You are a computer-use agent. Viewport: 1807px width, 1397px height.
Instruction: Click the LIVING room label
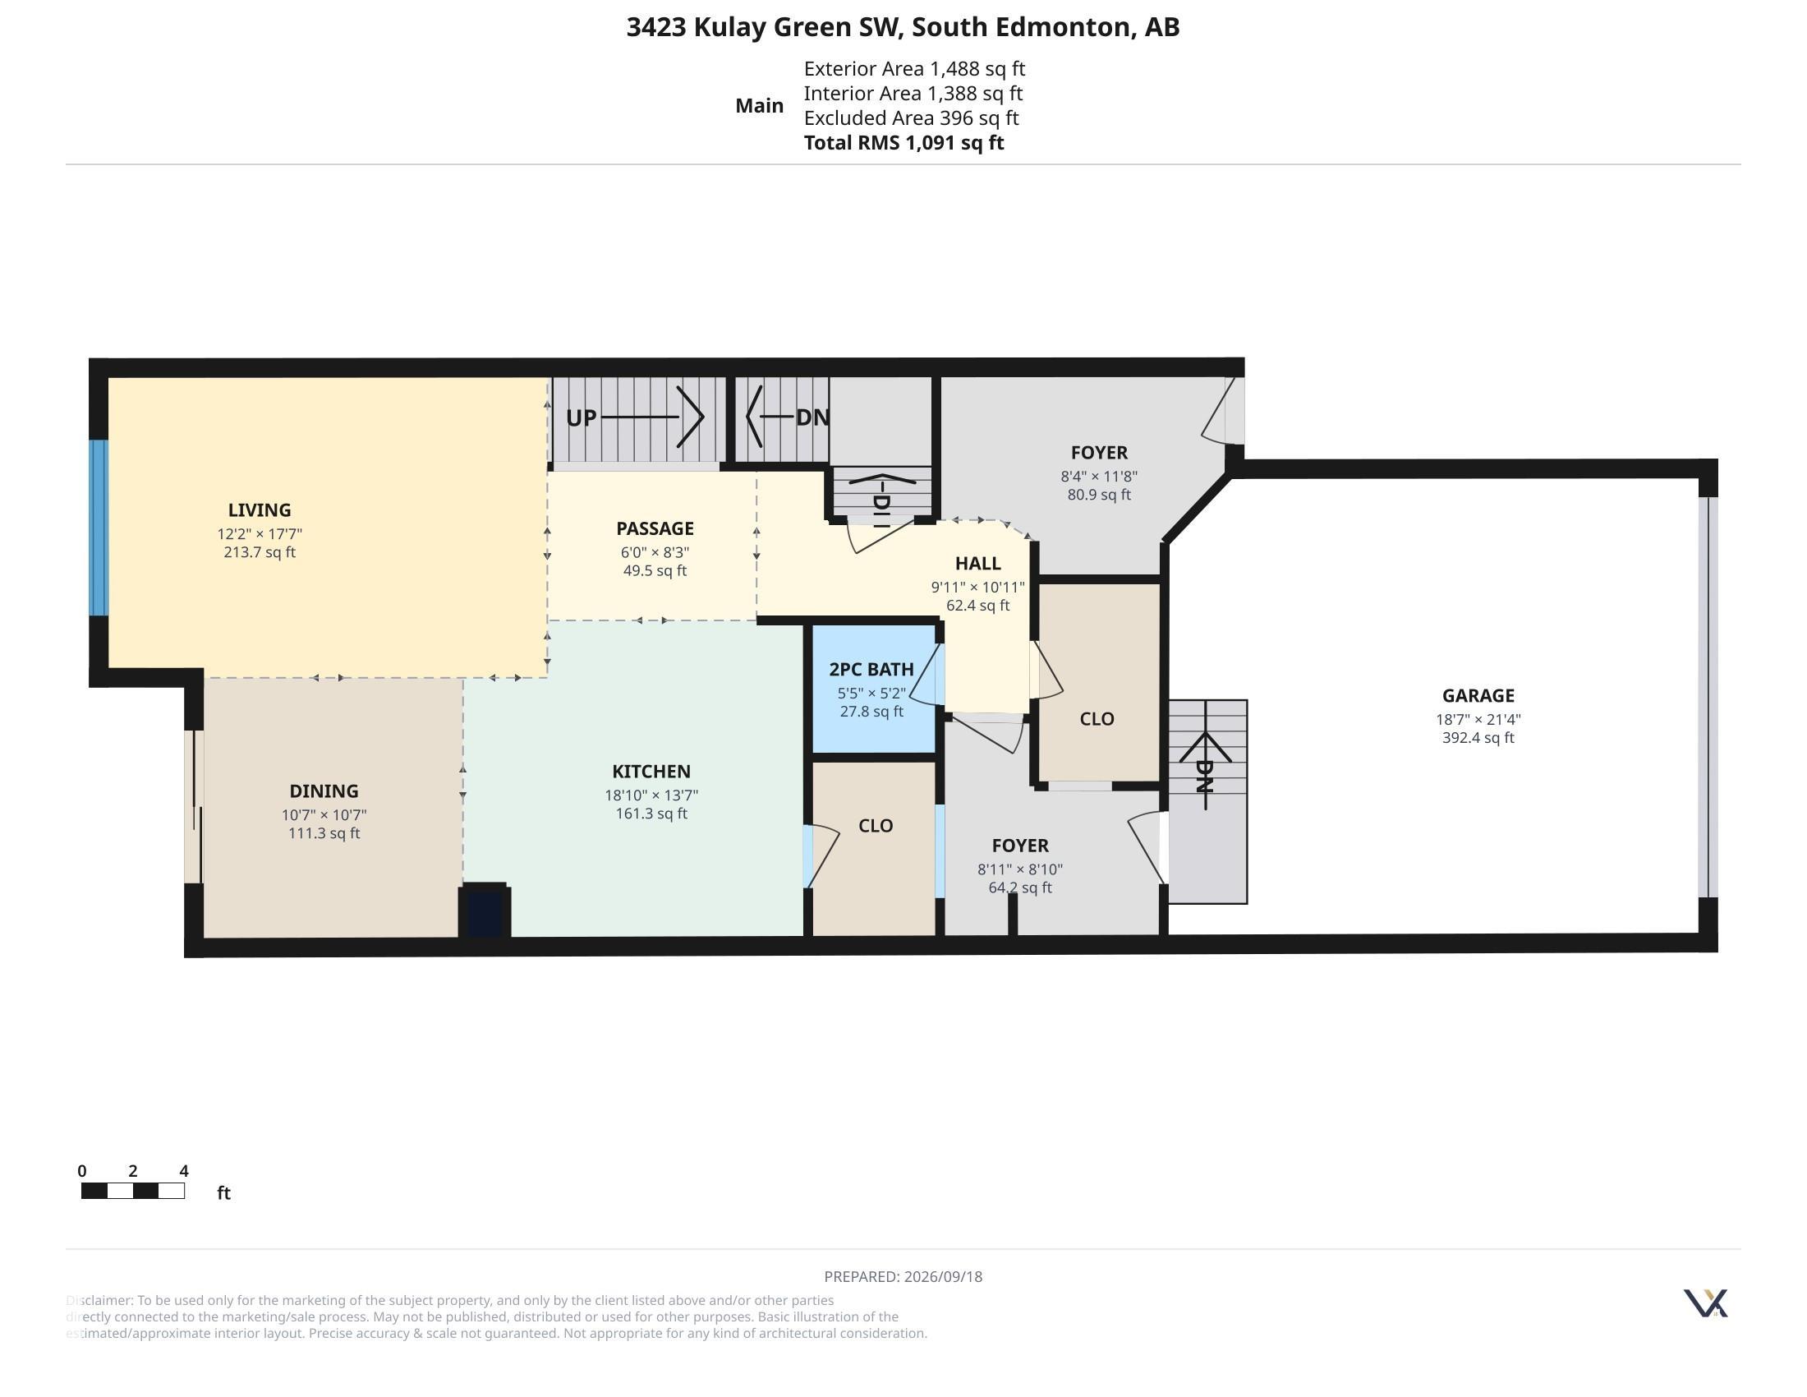pos(259,509)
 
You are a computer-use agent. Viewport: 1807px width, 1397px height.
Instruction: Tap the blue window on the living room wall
pos(99,528)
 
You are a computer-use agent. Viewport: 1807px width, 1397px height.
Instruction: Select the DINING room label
pos(324,791)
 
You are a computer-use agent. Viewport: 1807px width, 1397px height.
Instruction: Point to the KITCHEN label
pos(651,772)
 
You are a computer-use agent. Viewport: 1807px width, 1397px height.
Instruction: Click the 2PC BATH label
pos(871,669)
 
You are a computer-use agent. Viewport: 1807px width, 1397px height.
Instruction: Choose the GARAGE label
pos(1478,696)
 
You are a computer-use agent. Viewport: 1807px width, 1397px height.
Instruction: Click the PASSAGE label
pos(655,528)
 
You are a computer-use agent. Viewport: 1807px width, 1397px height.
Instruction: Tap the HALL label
pos(978,564)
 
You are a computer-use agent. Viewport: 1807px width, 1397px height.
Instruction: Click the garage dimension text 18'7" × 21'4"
pos(1478,720)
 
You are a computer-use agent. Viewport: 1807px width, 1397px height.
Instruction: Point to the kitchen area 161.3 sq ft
pos(651,814)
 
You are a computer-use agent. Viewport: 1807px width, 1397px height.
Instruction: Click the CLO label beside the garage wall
pos(1097,719)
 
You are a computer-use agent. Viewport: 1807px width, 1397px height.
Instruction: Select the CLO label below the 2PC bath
pos(876,826)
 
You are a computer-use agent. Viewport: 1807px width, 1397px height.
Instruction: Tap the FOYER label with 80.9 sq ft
pos(1099,453)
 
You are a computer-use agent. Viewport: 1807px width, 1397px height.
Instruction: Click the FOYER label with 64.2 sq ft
pos(1020,846)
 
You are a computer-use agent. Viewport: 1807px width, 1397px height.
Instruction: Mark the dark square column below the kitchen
pos(485,911)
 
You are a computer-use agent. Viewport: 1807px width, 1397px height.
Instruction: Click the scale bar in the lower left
pos(132,1191)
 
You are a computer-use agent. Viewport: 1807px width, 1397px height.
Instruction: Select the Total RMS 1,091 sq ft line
pos(903,142)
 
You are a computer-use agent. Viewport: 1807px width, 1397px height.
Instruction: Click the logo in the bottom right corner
pos(1705,1303)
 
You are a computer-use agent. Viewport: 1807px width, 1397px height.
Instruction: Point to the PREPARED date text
pos(903,1276)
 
